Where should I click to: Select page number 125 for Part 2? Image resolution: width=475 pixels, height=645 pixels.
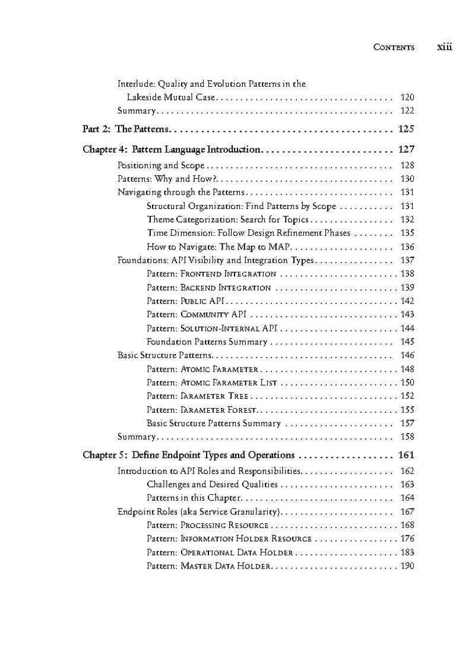click(407, 129)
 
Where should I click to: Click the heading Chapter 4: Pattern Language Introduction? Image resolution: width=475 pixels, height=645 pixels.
click(172, 150)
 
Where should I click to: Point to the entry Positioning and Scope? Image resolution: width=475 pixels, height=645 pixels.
click(161, 166)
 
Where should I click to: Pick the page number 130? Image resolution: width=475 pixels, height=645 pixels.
click(407, 179)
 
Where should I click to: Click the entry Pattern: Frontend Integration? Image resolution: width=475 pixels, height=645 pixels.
click(211, 274)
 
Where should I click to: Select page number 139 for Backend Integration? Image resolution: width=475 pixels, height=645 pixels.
click(407, 287)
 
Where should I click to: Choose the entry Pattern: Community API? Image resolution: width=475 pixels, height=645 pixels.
click(197, 315)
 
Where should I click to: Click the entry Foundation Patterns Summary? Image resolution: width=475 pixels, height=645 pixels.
click(207, 342)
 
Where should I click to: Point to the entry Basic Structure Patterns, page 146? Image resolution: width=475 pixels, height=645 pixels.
click(164, 355)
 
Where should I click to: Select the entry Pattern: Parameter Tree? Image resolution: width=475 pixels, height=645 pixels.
click(194, 396)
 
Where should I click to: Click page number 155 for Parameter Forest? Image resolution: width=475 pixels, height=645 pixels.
click(407, 410)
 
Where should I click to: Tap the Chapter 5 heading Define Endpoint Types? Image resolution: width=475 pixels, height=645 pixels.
click(189, 456)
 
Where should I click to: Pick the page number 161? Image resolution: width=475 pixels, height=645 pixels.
click(407, 456)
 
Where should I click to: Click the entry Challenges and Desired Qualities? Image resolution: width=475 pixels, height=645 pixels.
click(204, 485)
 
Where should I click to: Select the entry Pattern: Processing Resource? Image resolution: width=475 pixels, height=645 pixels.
click(208, 526)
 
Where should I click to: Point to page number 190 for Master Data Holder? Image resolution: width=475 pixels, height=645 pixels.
click(407, 566)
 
